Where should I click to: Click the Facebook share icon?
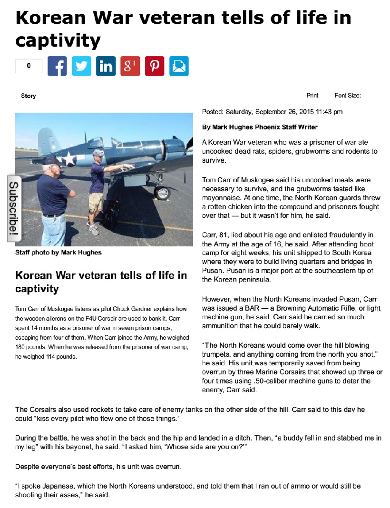tap(57, 66)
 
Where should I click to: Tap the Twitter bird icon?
tap(81, 66)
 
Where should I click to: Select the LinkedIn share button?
tap(106, 66)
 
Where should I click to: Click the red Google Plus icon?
tap(130, 66)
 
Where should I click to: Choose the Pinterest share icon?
tap(155, 66)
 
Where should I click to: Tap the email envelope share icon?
tap(179, 66)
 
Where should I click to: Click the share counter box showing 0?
tap(29, 66)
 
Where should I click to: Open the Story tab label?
tap(29, 96)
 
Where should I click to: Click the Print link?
tap(312, 96)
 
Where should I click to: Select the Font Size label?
tap(348, 96)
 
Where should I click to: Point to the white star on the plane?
tap(70, 158)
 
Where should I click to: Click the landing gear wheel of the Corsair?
tap(163, 193)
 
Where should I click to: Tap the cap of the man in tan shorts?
tap(98, 153)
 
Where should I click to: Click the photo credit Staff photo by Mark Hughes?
tap(58, 253)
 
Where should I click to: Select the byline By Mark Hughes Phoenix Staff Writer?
tap(260, 127)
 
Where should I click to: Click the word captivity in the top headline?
tap(58, 40)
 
